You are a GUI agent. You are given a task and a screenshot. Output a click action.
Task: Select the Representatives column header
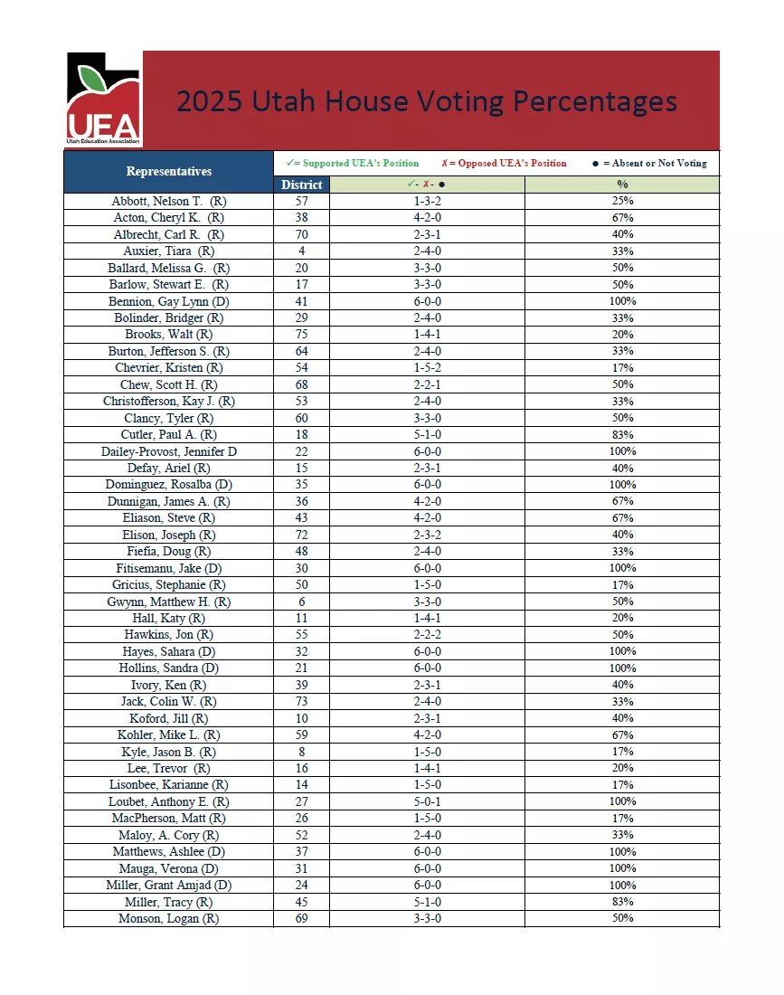(x=168, y=171)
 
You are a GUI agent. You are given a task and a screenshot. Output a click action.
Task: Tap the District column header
(x=301, y=185)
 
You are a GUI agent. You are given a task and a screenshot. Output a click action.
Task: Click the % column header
(x=622, y=185)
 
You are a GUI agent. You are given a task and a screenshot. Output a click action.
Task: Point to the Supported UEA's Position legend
(x=353, y=164)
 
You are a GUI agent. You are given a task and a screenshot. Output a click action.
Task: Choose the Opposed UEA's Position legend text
(x=505, y=164)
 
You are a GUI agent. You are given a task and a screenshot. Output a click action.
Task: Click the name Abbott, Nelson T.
(x=168, y=201)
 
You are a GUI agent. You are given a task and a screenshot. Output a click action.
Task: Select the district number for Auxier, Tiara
(x=301, y=251)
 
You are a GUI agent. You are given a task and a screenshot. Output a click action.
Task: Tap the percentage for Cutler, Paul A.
(x=622, y=435)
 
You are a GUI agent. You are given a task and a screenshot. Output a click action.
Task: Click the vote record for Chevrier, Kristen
(x=427, y=368)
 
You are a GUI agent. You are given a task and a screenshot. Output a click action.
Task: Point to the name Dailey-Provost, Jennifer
(x=168, y=451)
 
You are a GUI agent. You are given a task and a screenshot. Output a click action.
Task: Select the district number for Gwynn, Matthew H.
(x=301, y=602)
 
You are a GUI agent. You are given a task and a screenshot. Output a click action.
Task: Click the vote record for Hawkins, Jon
(x=427, y=635)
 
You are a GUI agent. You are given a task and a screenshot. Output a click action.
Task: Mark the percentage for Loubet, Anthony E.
(x=622, y=801)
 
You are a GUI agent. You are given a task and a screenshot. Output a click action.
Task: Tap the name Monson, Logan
(x=168, y=918)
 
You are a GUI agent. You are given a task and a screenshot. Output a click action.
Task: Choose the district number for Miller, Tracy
(x=301, y=902)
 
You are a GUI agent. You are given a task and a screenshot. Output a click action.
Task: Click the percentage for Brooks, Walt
(x=622, y=335)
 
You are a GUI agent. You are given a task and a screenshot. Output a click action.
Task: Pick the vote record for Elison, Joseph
(x=427, y=535)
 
